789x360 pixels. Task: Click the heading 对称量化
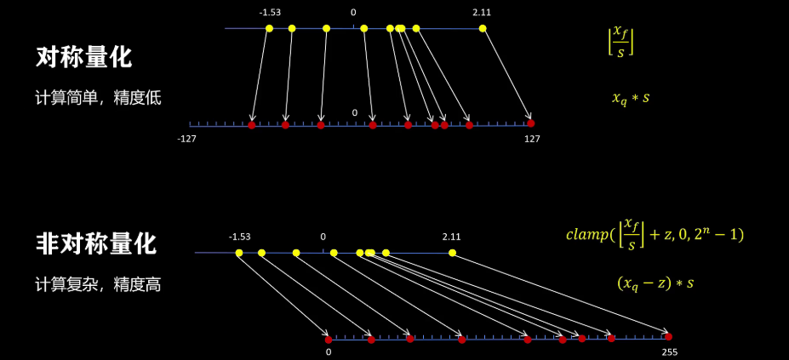pyautogui.click(x=83, y=58)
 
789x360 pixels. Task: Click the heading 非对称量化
pyautogui.click(x=95, y=244)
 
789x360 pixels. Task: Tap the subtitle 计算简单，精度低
pyautogui.click(x=98, y=98)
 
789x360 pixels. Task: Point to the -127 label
pyautogui.click(x=187, y=139)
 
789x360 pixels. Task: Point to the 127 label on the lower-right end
pyautogui.click(x=532, y=139)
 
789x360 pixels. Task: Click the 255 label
pyautogui.click(x=668, y=351)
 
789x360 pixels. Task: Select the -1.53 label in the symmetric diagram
pyautogui.click(x=270, y=13)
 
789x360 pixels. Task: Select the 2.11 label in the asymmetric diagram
pyautogui.click(x=451, y=237)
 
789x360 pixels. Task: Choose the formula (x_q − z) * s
pyautogui.click(x=655, y=283)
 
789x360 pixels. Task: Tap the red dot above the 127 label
pyautogui.click(x=530, y=123)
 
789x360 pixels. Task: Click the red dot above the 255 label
pyautogui.click(x=668, y=337)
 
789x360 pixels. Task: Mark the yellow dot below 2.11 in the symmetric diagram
pyautogui.click(x=483, y=29)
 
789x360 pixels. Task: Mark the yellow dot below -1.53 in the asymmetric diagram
pyautogui.click(x=239, y=253)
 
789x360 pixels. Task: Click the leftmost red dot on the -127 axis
pyautogui.click(x=251, y=125)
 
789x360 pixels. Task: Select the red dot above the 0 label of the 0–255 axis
pyautogui.click(x=328, y=340)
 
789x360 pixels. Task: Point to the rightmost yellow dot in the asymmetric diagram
pyautogui.click(x=452, y=253)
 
